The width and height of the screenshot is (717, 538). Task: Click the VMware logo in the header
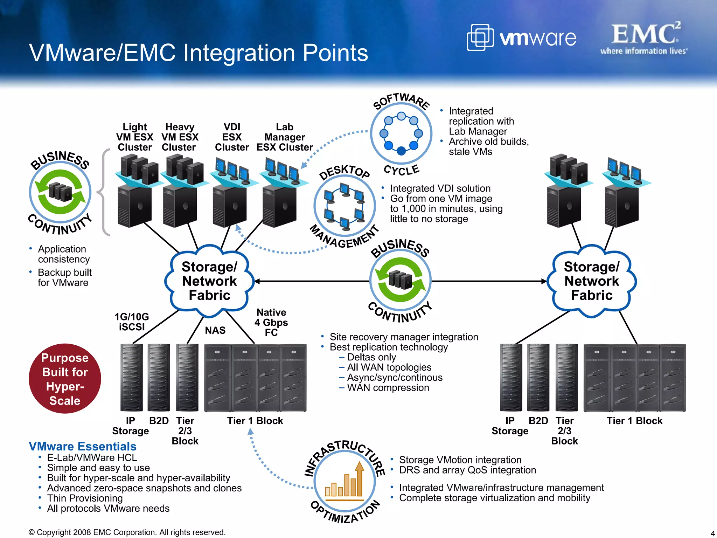pyautogui.click(x=522, y=37)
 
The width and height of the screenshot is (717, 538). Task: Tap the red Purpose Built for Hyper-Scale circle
pyautogui.click(x=65, y=379)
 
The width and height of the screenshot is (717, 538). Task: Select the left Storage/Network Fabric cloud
pyautogui.click(x=209, y=281)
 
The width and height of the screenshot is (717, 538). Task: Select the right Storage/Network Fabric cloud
pyautogui.click(x=592, y=281)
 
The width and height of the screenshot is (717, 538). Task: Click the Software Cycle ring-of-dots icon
pyautogui.click(x=401, y=133)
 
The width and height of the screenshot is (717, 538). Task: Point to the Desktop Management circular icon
pyautogui.click(x=344, y=206)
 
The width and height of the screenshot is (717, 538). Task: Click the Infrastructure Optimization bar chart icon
pyautogui.click(x=344, y=481)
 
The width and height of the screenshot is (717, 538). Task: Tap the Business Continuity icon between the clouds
pyautogui.click(x=401, y=280)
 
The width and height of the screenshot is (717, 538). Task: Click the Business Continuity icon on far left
pyautogui.click(x=60, y=192)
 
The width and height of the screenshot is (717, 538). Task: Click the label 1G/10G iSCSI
pyautogui.click(x=132, y=322)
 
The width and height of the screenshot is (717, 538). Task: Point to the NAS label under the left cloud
pyautogui.click(x=215, y=330)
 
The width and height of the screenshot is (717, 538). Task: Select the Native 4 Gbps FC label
pyautogui.click(x=271, y=322)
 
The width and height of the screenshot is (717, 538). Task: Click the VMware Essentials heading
pyautogui.click(x=83, y=446)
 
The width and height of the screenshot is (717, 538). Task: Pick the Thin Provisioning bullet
pyautogui.click(x=85, y=498)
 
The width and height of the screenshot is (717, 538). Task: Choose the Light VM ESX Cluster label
pyautogui.click(x=135, y=137)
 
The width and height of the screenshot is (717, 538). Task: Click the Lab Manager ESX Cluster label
pyautogui.click(x=285, y=137)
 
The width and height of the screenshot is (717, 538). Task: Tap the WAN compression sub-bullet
pyautogui.click(x=388, y=388)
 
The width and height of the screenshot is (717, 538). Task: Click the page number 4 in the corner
pyautogui.click(x=712, y=533)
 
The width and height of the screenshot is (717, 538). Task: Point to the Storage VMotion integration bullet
pyautogui.click(x=460, y=460)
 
